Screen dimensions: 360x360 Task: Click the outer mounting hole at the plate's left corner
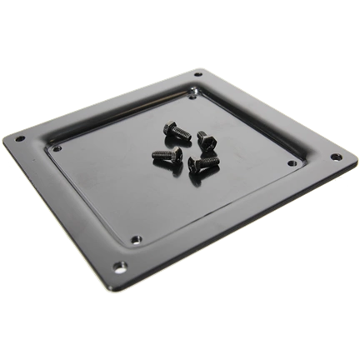21,138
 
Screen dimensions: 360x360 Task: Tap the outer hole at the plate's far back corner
197,76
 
